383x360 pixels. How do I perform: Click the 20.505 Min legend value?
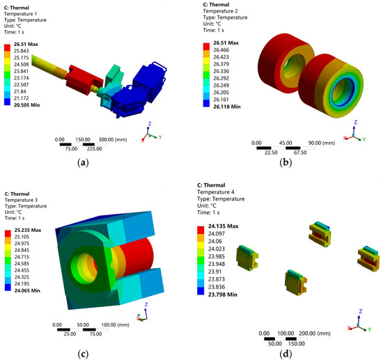(27, 105)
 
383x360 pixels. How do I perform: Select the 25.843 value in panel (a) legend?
(22, 51)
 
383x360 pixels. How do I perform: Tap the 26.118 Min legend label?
(227, 107)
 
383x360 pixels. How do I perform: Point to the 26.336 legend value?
(221, 71)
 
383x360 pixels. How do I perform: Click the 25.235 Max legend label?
(28, 230)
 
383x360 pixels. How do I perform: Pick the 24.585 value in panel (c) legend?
(22, 263)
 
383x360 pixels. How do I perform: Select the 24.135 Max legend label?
(224, 226)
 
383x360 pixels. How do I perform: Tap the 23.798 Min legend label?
(223, 295)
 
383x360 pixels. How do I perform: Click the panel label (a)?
(83, 162)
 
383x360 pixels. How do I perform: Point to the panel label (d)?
(286, 354)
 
